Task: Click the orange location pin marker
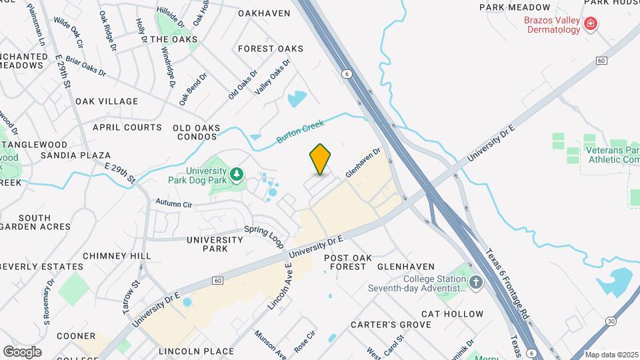click(x=321, y=159)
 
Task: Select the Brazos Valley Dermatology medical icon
click(x=589, y=25)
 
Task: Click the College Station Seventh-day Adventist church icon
click(x=475, y=283)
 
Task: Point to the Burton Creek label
click(x=300, y=131)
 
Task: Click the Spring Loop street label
click(x=264, y=233)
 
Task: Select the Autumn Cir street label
click(x=173, y=203)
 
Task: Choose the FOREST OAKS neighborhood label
click(x=270, y=49)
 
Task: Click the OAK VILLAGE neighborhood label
click(x=107, y=101)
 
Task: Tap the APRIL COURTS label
click(x=127, y=127)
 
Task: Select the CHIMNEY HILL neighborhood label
click(x=117, y=255)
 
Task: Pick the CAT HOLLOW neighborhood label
click(x=453, y=313)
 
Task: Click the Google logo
click(x=22, y=351)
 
